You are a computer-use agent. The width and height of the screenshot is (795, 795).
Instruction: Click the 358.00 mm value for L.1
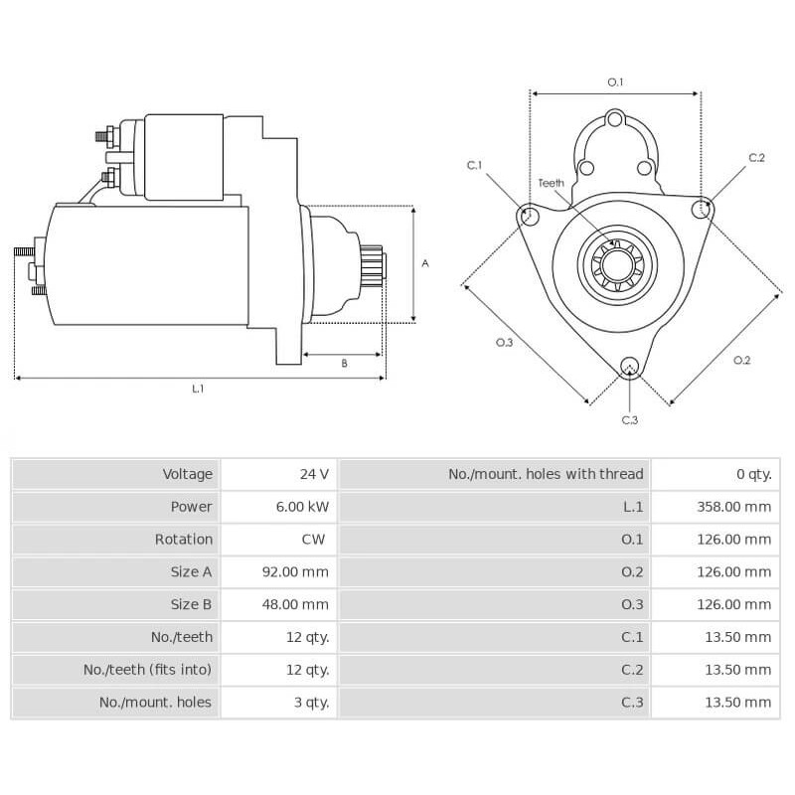(x=733, y=507)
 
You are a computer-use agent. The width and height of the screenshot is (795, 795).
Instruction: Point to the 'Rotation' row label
(x=183, y=540)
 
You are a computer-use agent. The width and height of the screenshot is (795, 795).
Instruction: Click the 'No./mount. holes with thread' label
(x=546, y=474)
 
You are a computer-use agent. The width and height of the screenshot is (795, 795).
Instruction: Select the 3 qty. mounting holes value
(x=307, y=702)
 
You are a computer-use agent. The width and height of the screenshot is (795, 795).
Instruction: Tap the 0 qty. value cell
(x=753, y=474)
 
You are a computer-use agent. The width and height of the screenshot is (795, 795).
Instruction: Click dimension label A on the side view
(x=425, y=263)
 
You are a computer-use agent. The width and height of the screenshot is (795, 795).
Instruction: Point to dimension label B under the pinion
(x=344, y=364)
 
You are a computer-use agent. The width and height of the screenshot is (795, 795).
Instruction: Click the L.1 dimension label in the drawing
(x=198, y=389)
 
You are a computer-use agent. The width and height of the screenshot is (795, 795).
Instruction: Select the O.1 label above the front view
(x=615, y=81)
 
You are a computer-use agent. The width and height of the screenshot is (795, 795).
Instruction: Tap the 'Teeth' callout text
(x=551, y=183)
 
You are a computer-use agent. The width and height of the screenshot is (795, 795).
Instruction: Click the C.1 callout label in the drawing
(x=474, y=165)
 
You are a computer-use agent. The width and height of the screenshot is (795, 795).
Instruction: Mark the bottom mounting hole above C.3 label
(x=629, y=368)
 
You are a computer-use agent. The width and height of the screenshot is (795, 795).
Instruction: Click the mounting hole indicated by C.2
(x=703, y=208)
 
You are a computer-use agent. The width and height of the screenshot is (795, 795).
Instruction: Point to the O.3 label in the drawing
(x=504, y=343)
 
